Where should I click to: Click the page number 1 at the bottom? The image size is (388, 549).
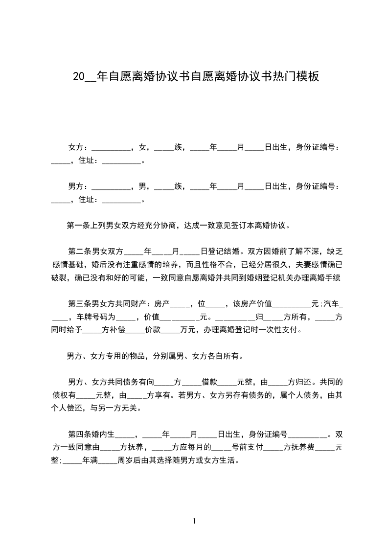tap(194, 521)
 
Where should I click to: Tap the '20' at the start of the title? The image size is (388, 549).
tap(78, 76)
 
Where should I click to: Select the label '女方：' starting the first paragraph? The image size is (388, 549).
tap(78, 147)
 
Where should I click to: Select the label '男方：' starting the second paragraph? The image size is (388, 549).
tap(78, 186)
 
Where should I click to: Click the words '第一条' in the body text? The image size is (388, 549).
tap(77, 226)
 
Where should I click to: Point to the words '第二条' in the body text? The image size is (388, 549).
tap(79, 252)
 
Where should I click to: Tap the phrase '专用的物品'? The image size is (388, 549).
tap(129, 356)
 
